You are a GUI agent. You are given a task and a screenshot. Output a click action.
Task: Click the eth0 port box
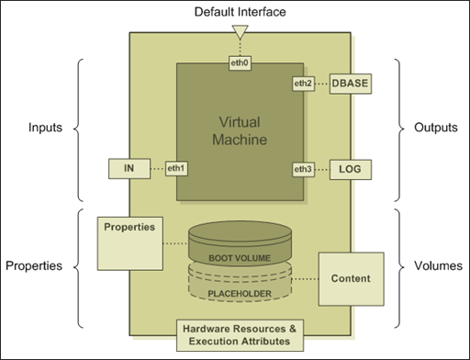239,64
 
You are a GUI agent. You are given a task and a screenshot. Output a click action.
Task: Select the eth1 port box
175,169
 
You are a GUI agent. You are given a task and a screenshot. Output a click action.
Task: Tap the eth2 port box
304,84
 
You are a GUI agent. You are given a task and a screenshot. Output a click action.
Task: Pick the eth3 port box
304,169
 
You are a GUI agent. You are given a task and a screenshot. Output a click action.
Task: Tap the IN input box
129,169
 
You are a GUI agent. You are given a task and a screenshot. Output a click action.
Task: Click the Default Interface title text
239,11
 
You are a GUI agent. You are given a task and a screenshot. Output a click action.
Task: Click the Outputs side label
434,128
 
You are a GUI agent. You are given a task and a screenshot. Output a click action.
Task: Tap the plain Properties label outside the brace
34,266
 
